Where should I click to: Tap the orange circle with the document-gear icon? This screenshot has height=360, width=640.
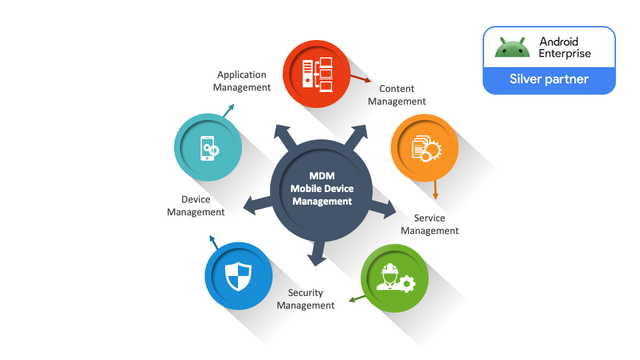[425, 148]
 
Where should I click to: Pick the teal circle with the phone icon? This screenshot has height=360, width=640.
[208, 147]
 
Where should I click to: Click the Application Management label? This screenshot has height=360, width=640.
[241, 81]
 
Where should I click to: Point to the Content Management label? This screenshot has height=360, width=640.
[397, 95]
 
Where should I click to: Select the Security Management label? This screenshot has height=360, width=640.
[305, 299]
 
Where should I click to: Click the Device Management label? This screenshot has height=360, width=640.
[196, 205]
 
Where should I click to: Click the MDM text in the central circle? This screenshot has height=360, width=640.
[322, 176]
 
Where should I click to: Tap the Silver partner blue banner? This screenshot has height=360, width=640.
[549, 79]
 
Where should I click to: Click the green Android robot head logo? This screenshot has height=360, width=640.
[512, 47]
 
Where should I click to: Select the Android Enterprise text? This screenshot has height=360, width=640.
[565, 47]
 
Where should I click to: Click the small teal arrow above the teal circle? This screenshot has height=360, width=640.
[228, 110]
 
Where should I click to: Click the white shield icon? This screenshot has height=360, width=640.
[238, 277]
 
